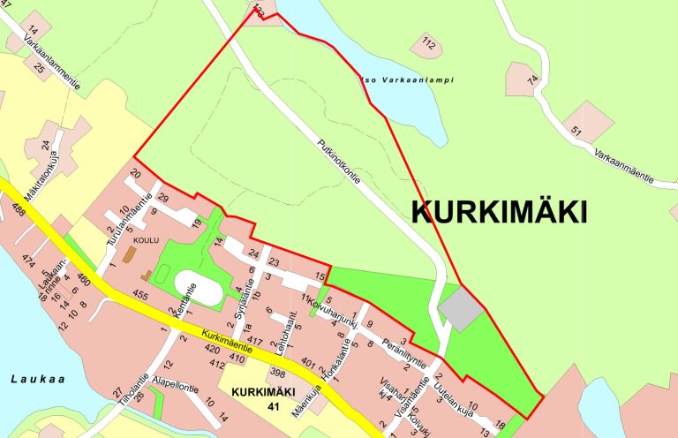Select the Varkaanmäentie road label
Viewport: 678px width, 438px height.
pyautogui.click(x=623, y=167)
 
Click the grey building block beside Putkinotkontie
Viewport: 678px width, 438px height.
pyautogui.click(x=461, y=308)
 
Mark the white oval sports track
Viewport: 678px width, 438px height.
pyautogui.click(x=199, y=288)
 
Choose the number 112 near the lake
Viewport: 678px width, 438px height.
pyautogui.click(x=429, y=42)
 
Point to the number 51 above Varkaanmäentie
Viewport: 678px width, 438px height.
pyautogui.click(x=577, y=132)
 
